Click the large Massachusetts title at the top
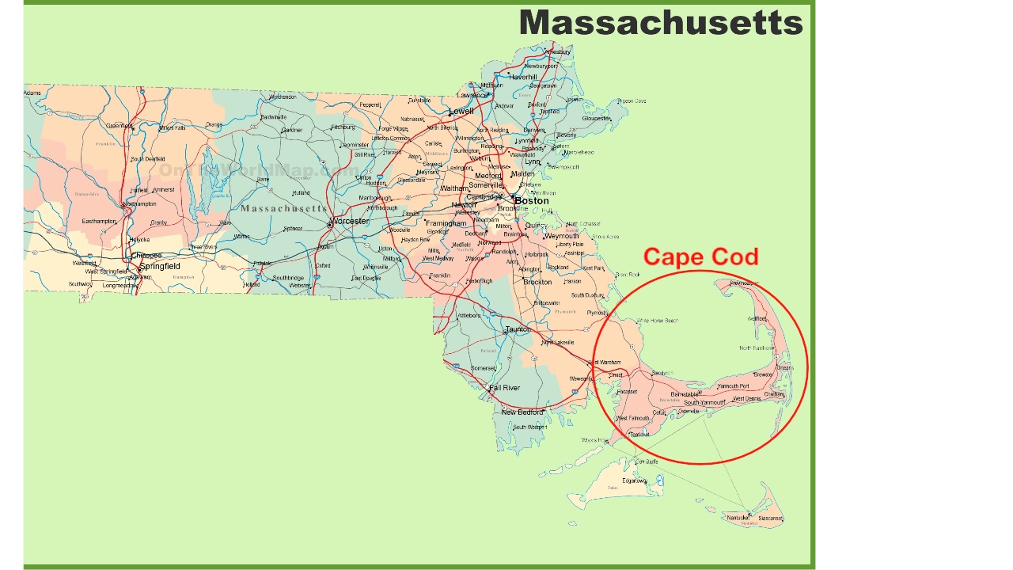click(x=661, y=22)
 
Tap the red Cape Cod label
click(x=700, y=256)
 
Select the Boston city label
click(x=532, y=201)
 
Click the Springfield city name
click(x=160, y=267)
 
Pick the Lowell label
click(x=461, y=112)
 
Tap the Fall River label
click(x=504, y=388)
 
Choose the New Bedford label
click(x=522, y=412)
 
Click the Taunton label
click(x=517, y=329)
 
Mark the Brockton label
click(x=538, y=283)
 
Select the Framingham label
click(x=446, y=223)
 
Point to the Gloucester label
click(x=597, y=119)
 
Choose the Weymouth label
click(x=562, y=236)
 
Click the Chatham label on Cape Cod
click(x=774, y=394)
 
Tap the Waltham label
click(x=453, y=188)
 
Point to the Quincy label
click(x=537, y=225)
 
